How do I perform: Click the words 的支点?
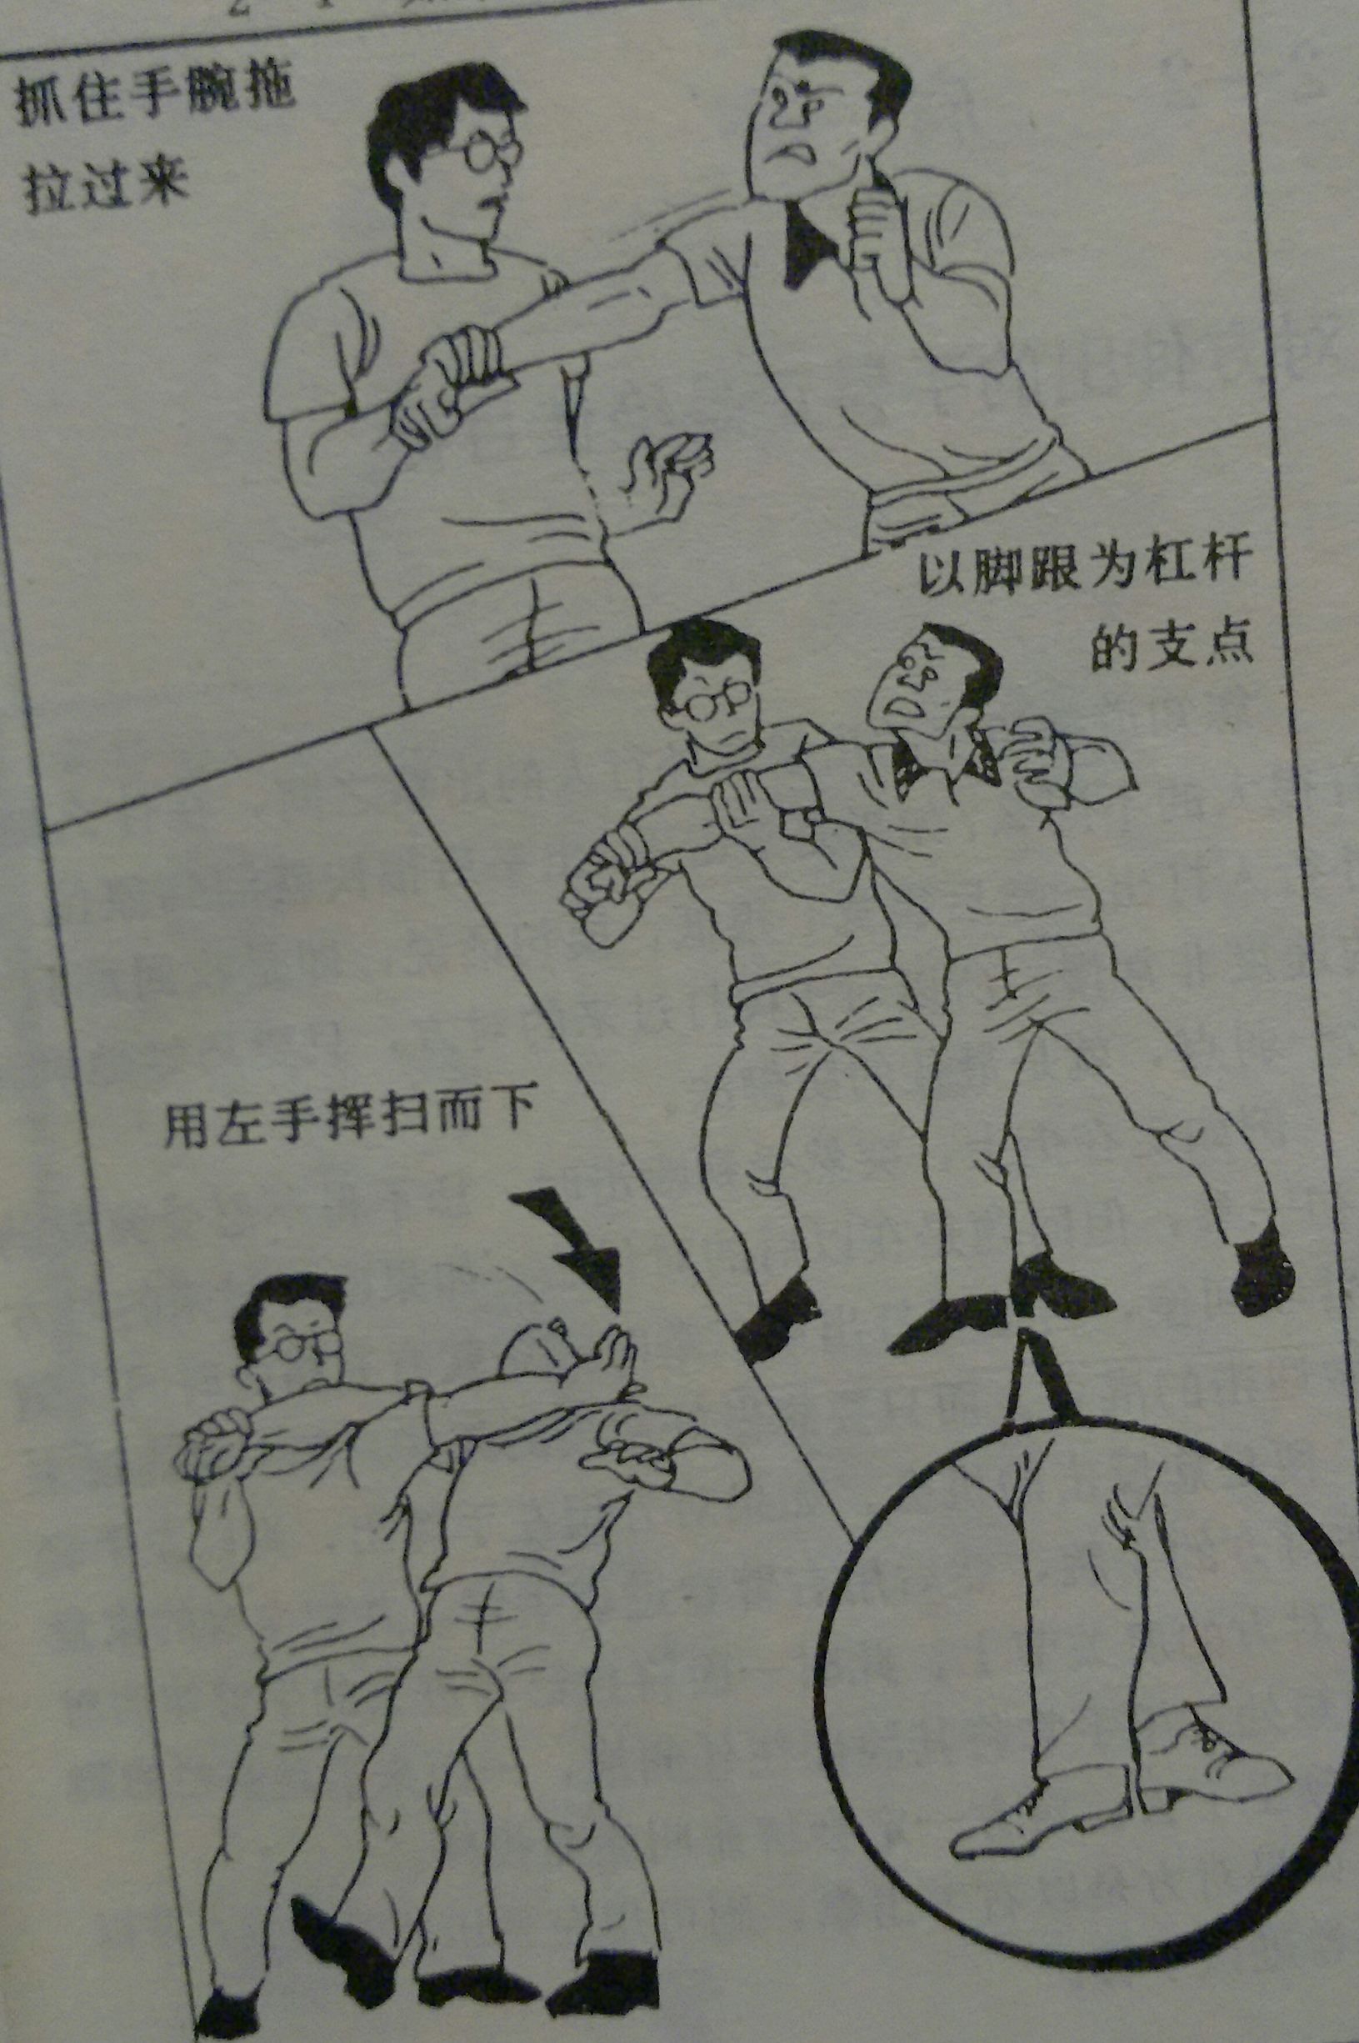pyautogui.click(x=1171, y=646)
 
